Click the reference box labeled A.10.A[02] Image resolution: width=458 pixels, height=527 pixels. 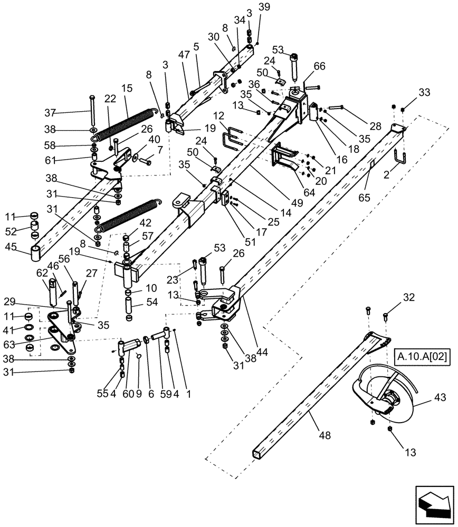pos(421,357)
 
